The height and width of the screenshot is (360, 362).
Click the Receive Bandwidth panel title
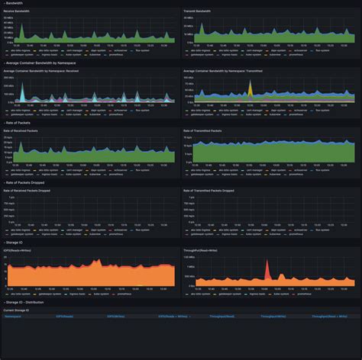click(18, 11)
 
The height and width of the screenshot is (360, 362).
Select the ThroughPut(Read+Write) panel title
click(201, 249)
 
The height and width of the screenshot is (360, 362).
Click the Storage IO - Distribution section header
click(26, 301)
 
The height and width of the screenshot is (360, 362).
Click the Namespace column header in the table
click(12, 315)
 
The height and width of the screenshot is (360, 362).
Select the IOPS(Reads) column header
click(64, 315)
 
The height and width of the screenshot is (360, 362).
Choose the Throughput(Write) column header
click(272, 315)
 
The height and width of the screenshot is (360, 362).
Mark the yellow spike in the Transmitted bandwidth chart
click(249, 85)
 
